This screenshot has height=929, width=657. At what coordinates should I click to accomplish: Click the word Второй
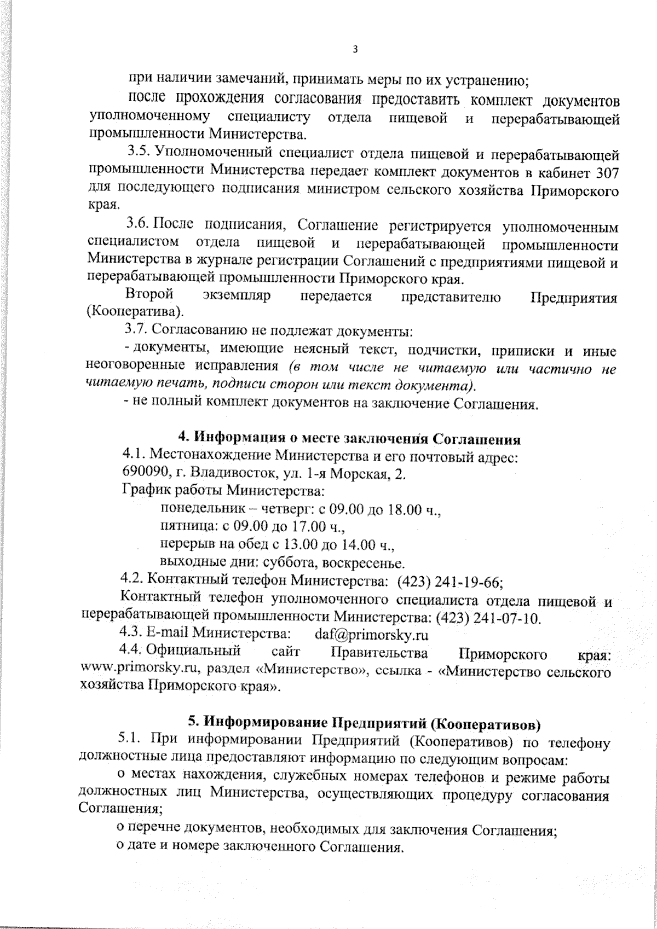(149, 296)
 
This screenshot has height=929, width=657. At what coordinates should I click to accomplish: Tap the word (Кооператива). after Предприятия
(135, 313)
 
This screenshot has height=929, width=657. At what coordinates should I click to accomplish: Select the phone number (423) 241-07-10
(488, 618)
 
